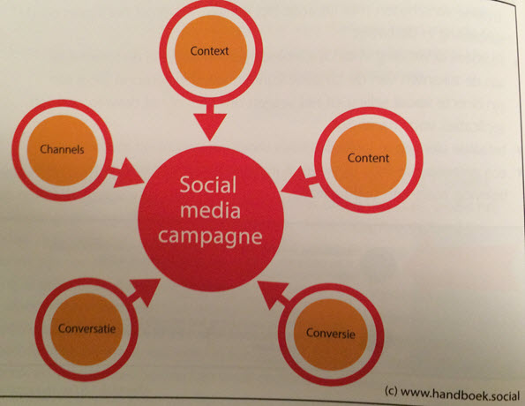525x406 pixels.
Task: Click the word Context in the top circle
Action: coord(209,51)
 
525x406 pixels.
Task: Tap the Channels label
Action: coord(62,149)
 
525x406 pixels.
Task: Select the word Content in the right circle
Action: coord(368,158)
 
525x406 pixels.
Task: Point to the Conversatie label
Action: coord(86,328)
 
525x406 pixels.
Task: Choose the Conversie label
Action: coord(331,333)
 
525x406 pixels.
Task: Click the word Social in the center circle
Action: coord(208,184)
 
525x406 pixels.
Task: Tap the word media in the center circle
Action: coord(210,210)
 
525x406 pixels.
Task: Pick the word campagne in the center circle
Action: coord(210,237)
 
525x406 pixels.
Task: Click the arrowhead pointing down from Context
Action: coord(210,126)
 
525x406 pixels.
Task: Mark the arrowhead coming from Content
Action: coord(296,182)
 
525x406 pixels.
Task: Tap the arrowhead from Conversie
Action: coord(272,294)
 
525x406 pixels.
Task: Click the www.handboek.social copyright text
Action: coord(460,394)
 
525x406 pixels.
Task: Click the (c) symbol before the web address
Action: coord(391,391)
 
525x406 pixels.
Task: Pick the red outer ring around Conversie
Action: coord(282,335)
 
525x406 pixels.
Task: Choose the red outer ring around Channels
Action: coord(16,150)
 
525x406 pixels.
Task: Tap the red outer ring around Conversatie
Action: coord(39,329)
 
